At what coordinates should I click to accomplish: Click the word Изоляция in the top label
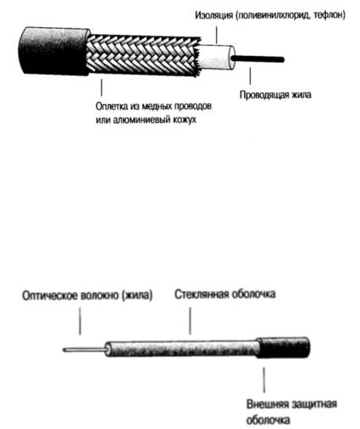pyautogui.click(x=213, y=15)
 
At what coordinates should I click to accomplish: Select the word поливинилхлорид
pyautogui.click(x=273, y=15)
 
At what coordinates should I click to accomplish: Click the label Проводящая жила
pyautogui.click(x=275, y=95)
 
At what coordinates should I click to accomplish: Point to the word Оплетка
pyautogui.click(x=112, y=107)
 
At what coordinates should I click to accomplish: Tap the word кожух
pyautogui.click(x=185, y=120)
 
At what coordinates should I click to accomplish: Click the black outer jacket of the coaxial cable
pyautogui.click(x=53, y=51)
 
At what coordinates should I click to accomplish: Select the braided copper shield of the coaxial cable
pyautogui.click(x=142, y=55)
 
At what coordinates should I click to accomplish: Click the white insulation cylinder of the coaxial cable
pyautogui.click(x=216, y=57)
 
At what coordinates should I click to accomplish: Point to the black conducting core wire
pyautogui.click(x=257, y=59)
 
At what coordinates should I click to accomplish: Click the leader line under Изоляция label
pyautogui.click(x=217, y=35)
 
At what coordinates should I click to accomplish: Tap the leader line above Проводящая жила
pyautogui.click(x=250, y=75)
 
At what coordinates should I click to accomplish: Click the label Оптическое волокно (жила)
pyautogui.click(x=87, y=296)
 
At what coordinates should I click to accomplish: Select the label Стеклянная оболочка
pyautogui.click(x=225, y=294)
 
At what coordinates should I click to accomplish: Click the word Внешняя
pyautogui.click(x=268, y=404)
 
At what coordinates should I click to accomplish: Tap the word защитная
pyautogui.click(x=314, y=404)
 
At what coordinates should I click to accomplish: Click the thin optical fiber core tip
pyautogui.click(x=64, y=350)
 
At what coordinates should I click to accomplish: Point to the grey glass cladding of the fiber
pyautogui.click(x=182, y=349)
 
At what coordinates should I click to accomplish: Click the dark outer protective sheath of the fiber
pyautogui.click(x=283, y=348)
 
